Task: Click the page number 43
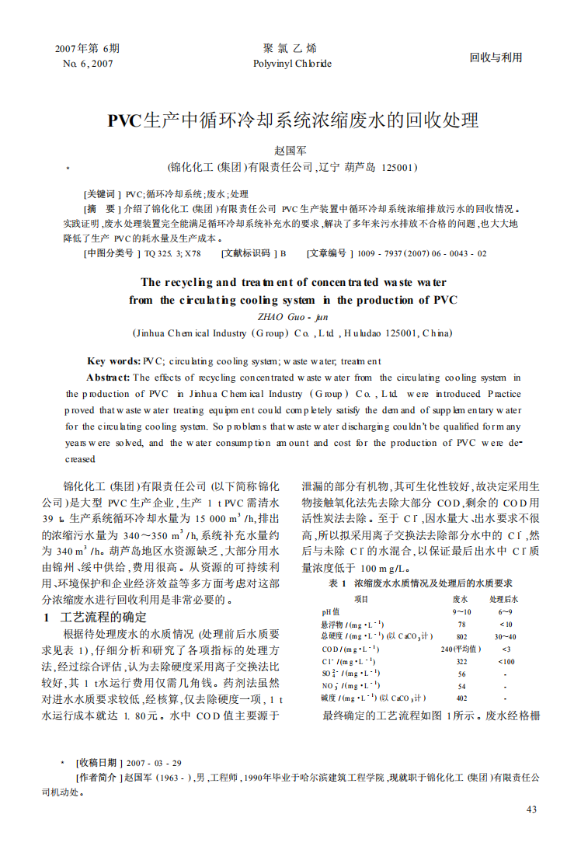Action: pos(531,809)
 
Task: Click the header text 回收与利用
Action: pos(496,57)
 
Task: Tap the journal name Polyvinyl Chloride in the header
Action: pos(292,64)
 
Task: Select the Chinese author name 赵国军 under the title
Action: pos(291,149)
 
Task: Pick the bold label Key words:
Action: pos(114,360)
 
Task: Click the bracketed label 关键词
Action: pos(101,194)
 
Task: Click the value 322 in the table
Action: pos(461,661)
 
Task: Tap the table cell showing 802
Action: pos(461,636)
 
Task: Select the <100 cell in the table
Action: pos(506,661)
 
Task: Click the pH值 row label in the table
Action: pos(332,612)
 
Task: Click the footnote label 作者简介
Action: pos(97,777)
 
